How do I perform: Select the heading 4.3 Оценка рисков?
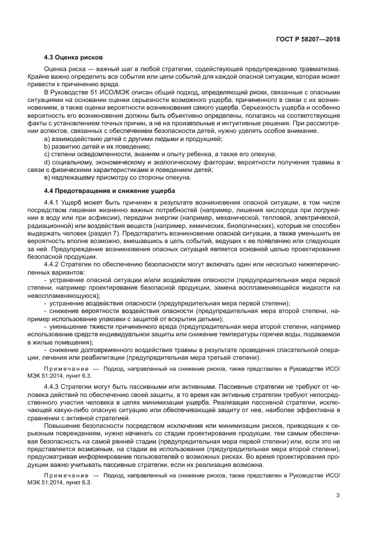click(74, 58)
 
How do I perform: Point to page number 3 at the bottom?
click(338, 495)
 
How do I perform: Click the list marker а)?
click(47, 139)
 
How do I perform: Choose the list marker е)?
click(47, 177)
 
